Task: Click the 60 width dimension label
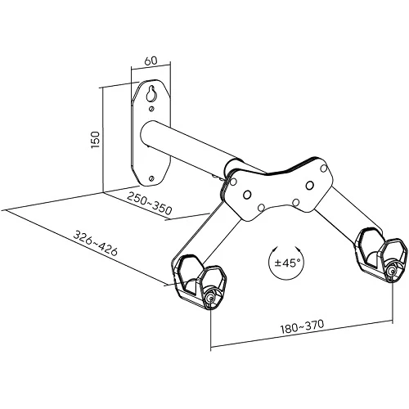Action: tap(151, 61)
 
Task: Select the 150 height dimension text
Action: tap(96, 140)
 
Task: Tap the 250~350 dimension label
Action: tap(150, 203)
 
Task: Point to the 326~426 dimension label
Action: tap(96, 243)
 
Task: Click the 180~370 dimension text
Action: tap(303, 326)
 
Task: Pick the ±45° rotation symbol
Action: tap(287, 263)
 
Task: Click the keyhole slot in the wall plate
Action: tap(151, 93)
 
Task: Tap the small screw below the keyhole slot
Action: tap(151, 109)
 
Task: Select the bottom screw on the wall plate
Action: tap(151, 178)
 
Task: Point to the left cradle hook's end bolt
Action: tap(211, 298)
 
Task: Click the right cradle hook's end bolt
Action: tap(392, 272)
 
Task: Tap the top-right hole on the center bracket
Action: tap(324, 169)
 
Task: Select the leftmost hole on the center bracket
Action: tap(233, 182)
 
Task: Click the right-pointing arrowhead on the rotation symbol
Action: tap(299, 249)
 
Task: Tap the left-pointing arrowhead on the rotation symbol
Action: tap(276, 249)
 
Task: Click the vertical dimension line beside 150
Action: tap(103, 140)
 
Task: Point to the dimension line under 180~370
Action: tap(302, 335)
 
